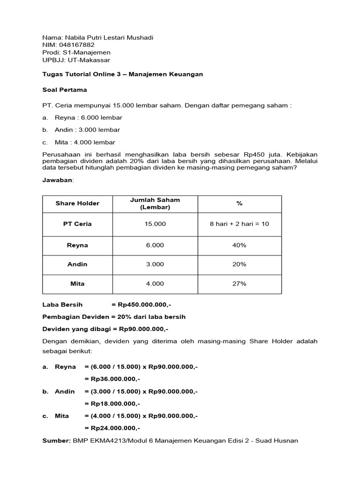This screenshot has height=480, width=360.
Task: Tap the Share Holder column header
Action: tap(77, 203)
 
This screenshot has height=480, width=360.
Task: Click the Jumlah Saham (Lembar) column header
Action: tap(155, 203)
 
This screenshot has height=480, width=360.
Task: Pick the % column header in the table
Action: tap(239, 203)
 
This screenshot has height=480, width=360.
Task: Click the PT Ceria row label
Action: tap(77, 224)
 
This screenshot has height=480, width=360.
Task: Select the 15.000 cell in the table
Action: tap(155, 224)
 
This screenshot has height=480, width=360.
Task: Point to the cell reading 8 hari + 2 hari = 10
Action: tap(239, 224)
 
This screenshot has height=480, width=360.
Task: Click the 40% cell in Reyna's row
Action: tap(239, 245)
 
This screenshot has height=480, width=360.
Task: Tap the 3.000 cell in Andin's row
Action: tap(155, 264)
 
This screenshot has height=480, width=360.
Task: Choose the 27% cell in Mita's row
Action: tap(239, 284)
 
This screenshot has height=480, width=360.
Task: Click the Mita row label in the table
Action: tap(77, 284)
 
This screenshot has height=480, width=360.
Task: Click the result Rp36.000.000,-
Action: tap(112, 379)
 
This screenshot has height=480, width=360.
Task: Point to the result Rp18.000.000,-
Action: tap(112, 403)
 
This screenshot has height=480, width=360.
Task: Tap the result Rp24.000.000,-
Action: tap(112, 428)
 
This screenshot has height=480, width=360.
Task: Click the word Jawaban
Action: tap(58, 180)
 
